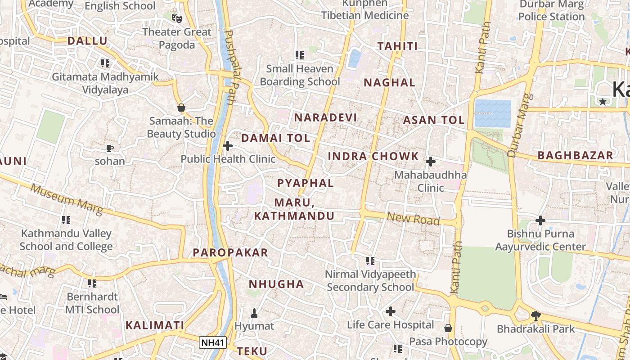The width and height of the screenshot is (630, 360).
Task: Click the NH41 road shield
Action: [x=212, y=343]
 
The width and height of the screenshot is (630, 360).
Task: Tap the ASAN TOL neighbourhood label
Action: [x=434, y=120]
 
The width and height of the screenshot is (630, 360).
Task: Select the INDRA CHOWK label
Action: [x=373, y=157]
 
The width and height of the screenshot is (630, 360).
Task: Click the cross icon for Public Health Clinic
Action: [x=228, y=146]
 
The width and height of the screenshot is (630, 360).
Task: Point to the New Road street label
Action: [x=413, y=219]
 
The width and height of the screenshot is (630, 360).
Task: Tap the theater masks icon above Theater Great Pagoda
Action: [x=176, y=18]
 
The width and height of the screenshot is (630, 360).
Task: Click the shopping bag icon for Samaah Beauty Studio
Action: [x=181, y=108]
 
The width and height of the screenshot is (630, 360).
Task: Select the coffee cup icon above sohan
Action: [x=110, y=148]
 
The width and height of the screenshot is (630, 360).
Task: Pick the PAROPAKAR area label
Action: [x=230, y=253]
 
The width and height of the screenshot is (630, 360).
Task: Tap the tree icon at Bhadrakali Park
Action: [x=535, y=315]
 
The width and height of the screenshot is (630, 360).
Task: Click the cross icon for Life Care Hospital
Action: [x=391, y=311]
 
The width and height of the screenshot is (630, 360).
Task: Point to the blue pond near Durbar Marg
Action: [x=493, y=113]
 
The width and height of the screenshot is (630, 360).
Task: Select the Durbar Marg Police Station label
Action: [x=551, y=10]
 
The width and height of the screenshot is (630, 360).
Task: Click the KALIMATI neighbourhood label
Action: [x=155, y=325]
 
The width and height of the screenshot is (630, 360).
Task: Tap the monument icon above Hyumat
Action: [x=254, y=313]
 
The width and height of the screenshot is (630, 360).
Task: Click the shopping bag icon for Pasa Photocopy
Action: [x=448, y=328]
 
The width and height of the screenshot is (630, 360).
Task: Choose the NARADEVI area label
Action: [x=325, y=118]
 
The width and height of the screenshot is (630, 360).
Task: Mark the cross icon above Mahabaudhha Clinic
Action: [x=431, y=161]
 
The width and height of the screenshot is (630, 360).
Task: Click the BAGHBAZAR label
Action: [x=575, y=156]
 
